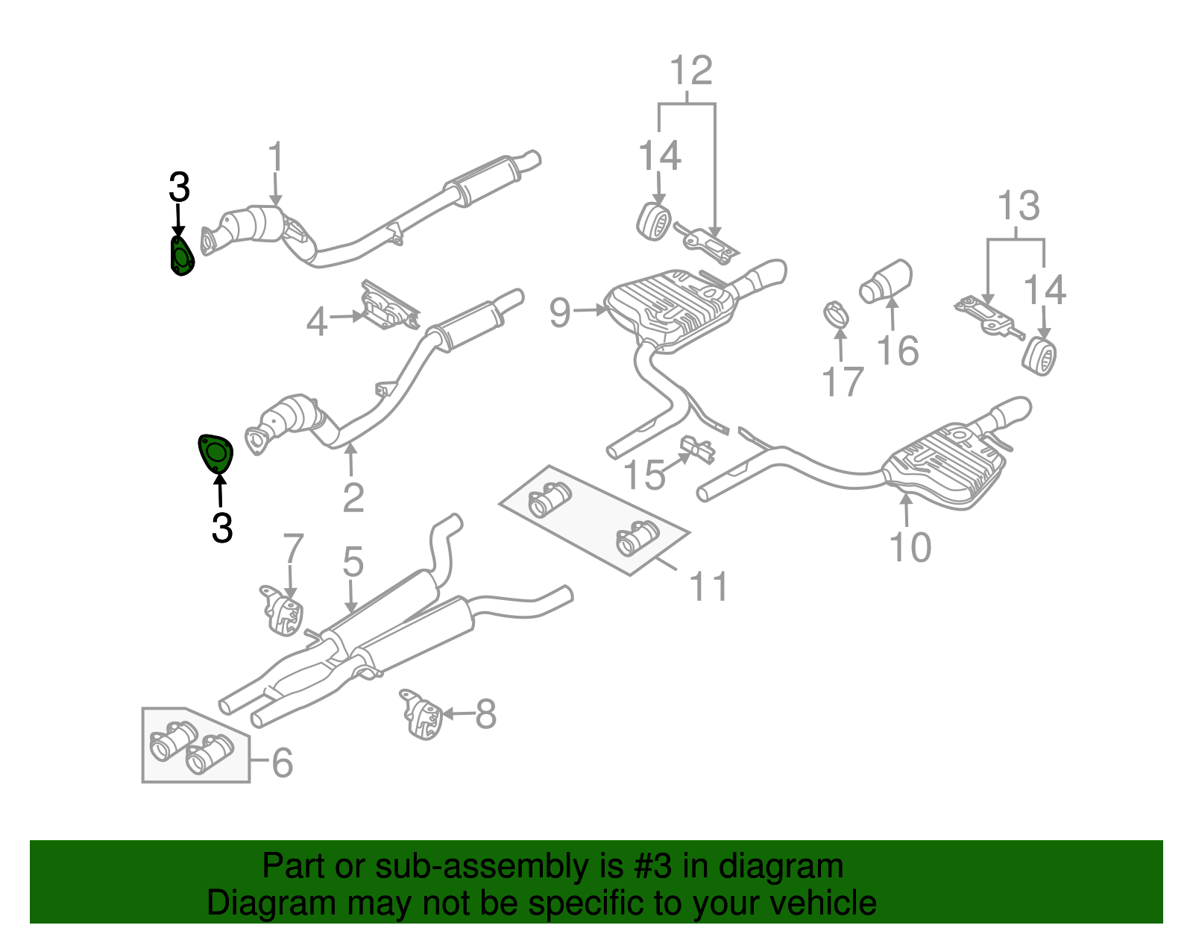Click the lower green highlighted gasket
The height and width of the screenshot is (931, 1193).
coord(215,453)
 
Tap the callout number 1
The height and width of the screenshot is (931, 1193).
coord(276,157)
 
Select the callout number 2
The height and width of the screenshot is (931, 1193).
coord(353,498)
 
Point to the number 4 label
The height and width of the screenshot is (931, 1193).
coord(317,323)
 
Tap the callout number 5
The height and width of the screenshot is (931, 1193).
coord(353,561)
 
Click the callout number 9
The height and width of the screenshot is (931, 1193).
coord(559,312)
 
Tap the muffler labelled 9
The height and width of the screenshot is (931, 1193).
coord(671,309)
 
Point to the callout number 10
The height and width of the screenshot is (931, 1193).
coord(910,548)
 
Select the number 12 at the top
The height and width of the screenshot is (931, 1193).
coord(691,71)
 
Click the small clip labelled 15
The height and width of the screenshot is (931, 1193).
coord(698,449)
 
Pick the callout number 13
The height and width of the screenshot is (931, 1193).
coord(1018,205)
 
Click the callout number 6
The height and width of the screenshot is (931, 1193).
coord(282,763)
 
